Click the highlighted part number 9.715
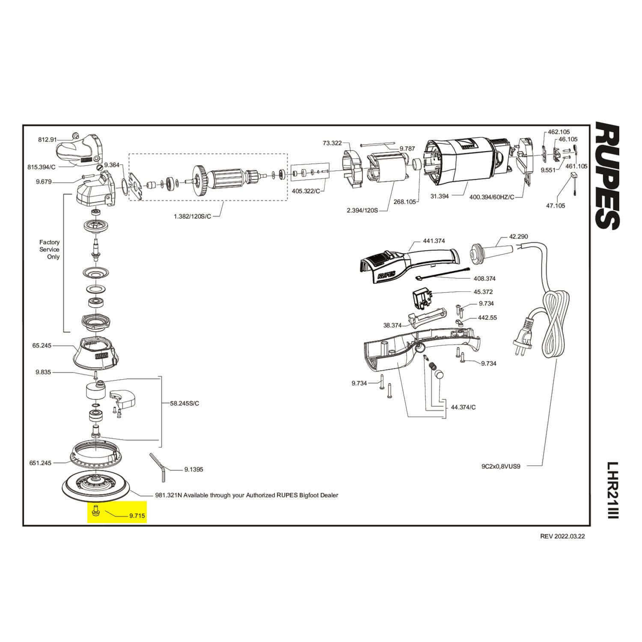tap(137, 516)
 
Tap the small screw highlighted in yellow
tap(95, 510)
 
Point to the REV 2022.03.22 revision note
tap(562, 536)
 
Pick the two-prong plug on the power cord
tap(523, 338)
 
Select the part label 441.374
tap(434, 241)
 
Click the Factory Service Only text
tap(50, 250)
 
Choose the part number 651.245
tap(41, 463)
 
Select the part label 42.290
tap(518, 236)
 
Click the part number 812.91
tap(47, 140)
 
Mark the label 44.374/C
tap(463, 407)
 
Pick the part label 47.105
tap(555, 205)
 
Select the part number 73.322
tap(332, 143)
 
